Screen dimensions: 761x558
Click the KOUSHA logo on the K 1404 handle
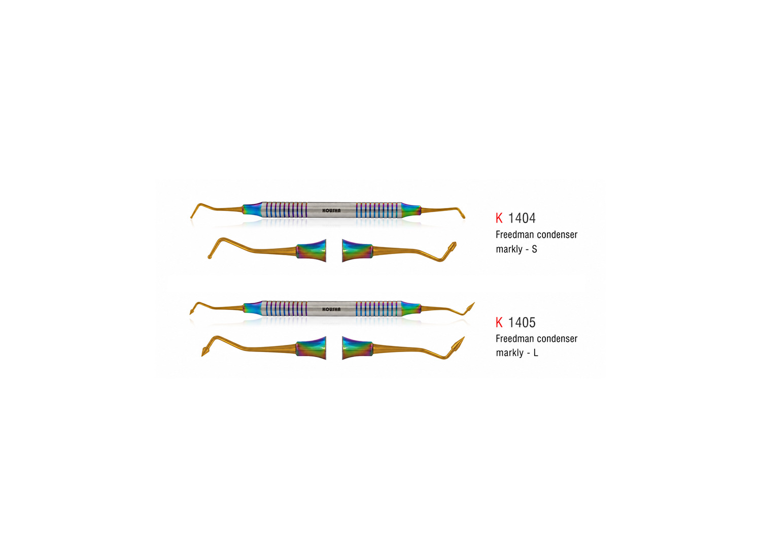331,211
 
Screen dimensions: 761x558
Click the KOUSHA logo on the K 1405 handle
331,309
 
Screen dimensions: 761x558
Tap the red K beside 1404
499,218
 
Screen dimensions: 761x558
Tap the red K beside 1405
499,322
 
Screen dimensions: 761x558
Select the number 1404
522,218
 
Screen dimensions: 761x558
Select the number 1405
522,322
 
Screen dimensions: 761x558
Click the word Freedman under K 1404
513,235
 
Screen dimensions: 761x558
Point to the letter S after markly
534,249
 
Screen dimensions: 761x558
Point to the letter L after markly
535,353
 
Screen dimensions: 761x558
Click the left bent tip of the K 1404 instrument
192,216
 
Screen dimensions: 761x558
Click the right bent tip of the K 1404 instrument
463,216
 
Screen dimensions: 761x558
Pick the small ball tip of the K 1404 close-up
210,257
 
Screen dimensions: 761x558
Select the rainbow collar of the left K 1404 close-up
311,251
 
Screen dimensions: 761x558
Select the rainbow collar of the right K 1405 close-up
357,348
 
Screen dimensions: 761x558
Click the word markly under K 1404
509,249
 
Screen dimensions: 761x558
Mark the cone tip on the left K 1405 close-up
205,352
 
